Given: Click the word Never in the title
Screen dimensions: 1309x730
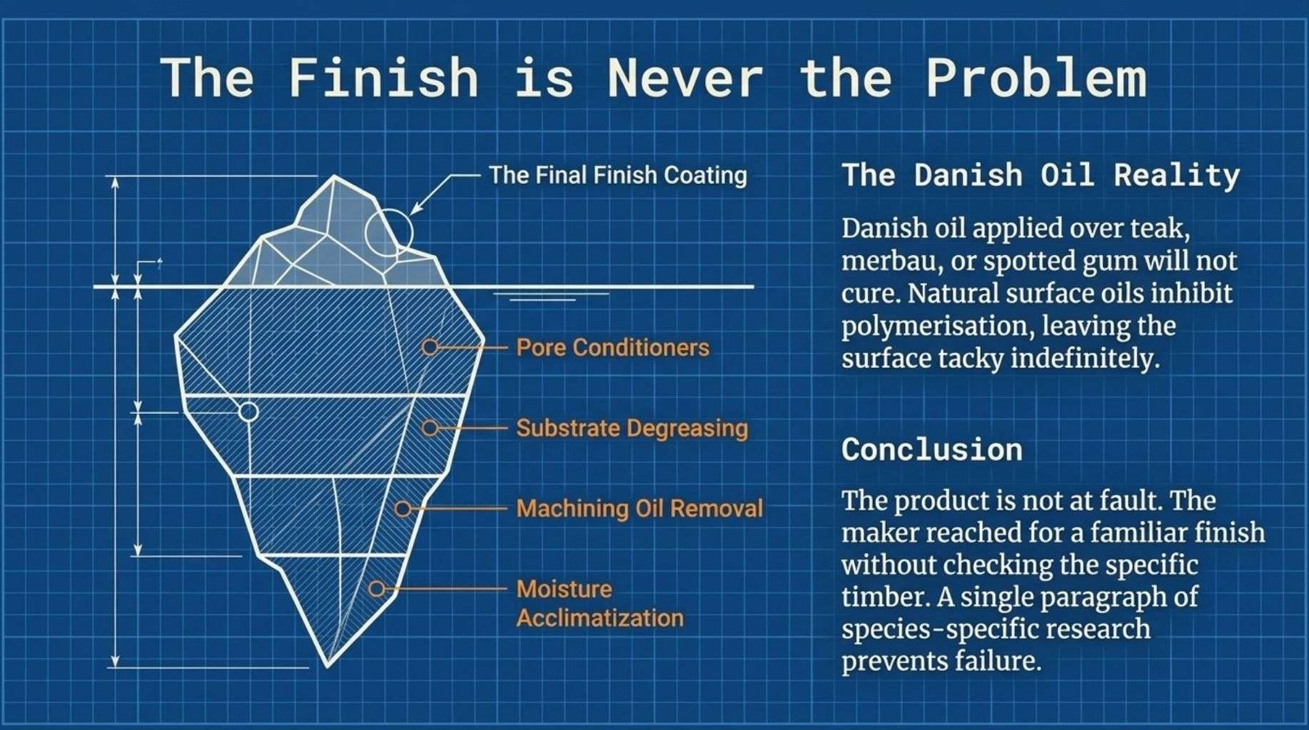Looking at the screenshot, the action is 686,77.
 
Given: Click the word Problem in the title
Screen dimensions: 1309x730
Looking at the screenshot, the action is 1037,77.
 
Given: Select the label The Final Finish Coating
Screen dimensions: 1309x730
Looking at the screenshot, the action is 618,175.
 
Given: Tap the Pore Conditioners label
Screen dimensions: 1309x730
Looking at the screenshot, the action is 613,347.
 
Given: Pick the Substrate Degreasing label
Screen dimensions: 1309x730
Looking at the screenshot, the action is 632,428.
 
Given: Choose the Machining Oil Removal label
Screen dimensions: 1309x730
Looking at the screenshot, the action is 640,508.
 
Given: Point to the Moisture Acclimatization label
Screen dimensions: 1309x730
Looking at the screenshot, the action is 600,603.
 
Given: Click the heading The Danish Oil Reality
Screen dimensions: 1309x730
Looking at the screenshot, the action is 1041,175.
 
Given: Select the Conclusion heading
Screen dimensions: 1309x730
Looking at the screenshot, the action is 932,450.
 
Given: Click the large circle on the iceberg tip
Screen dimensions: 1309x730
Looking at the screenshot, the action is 366,232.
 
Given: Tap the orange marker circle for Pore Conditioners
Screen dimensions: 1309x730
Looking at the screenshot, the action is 430,347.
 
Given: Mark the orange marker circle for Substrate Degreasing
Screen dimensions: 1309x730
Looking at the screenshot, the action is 430,428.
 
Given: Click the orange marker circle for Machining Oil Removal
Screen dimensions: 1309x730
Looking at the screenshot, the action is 403,508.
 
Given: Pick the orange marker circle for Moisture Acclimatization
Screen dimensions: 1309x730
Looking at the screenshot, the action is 377,588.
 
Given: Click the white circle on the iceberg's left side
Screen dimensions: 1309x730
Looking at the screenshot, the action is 249,402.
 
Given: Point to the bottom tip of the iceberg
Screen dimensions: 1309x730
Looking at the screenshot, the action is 328,666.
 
